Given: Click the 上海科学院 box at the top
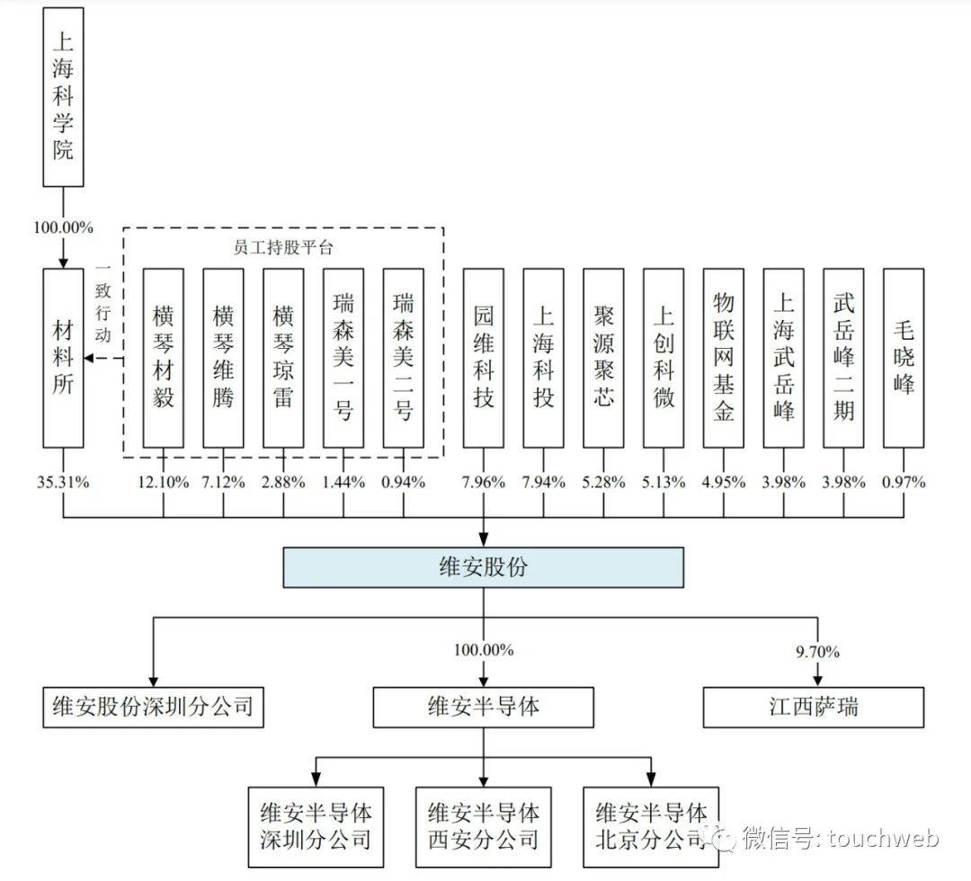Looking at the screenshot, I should tap(63, 97).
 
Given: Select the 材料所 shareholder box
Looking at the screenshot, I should tap(63, 358).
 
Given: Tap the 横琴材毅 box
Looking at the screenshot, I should tap(163, 358).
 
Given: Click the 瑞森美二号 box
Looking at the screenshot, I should tap(403, 358).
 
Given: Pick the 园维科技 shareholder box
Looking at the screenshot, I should tap(484, 358).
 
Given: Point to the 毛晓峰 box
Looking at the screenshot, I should tap(904, 358).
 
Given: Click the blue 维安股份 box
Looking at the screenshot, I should tap(483, 567).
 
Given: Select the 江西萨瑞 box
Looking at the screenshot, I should tap(813, 707).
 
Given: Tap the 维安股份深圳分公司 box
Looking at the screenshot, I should tap(153, 707).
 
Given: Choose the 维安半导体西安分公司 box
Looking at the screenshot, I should tap(484, 826).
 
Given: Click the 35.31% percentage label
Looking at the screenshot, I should tap(63, 482).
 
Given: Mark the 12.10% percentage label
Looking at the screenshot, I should tap(163, 482).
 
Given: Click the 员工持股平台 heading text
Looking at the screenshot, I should tap(282, 247).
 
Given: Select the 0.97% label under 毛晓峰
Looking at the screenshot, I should tap(904, 482).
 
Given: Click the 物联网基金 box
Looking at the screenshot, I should tap(724, 358).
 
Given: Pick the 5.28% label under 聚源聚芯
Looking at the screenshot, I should tap(603, 482).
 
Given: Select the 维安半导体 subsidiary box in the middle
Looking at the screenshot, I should tap(484, 707).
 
